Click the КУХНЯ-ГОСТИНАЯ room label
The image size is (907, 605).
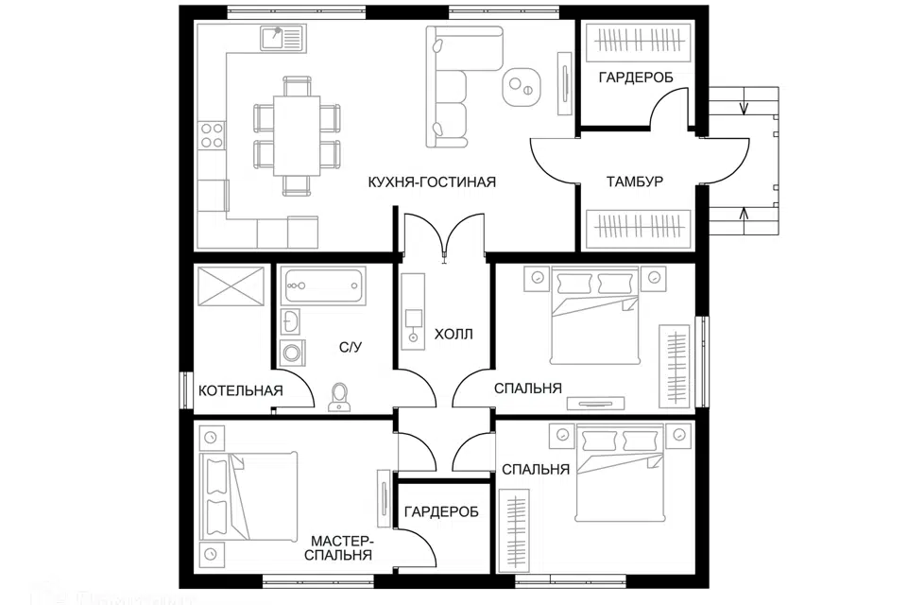(x=432, y=181)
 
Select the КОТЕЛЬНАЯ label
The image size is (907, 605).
(x=241, y=390)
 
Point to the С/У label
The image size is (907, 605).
(x=351, y=347)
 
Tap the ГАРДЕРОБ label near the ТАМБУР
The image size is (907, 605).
(x=635, y=78)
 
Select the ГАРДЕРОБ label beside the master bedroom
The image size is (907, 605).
(x=440, y=511)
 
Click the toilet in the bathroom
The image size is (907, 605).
(x=338, y=398)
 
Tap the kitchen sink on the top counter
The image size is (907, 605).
(x=282, y=39)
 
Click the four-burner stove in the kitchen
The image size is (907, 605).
(x=213, y=135)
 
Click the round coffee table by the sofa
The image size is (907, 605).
(x=521, y=85)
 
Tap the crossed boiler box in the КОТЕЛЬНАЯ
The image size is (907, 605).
(x=232, y=285)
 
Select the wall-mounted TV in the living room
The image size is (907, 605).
(x=564, y=83)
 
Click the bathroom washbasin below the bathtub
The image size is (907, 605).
(x=291, y=321)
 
